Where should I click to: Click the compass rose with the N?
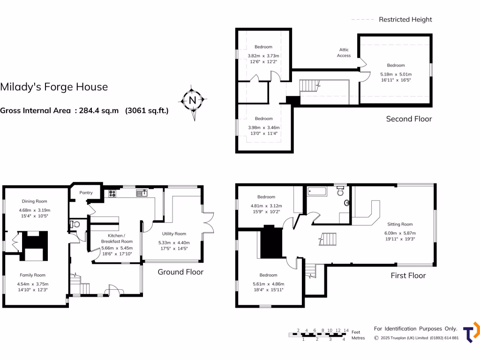(192, 100)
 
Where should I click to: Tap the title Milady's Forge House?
(54, 87)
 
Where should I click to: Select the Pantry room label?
(86, 193)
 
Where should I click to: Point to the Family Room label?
(32, 275)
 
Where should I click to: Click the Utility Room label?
(174, 233)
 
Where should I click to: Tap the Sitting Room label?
(400, 224)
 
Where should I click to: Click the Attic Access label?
(344, 52)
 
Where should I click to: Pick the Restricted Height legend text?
(405, 19)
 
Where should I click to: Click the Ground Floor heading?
(180, 272)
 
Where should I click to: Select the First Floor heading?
(408, 275)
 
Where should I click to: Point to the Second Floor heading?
(409, 119)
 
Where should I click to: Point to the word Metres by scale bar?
(358, 338)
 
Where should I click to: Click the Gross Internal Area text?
(84, 111)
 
